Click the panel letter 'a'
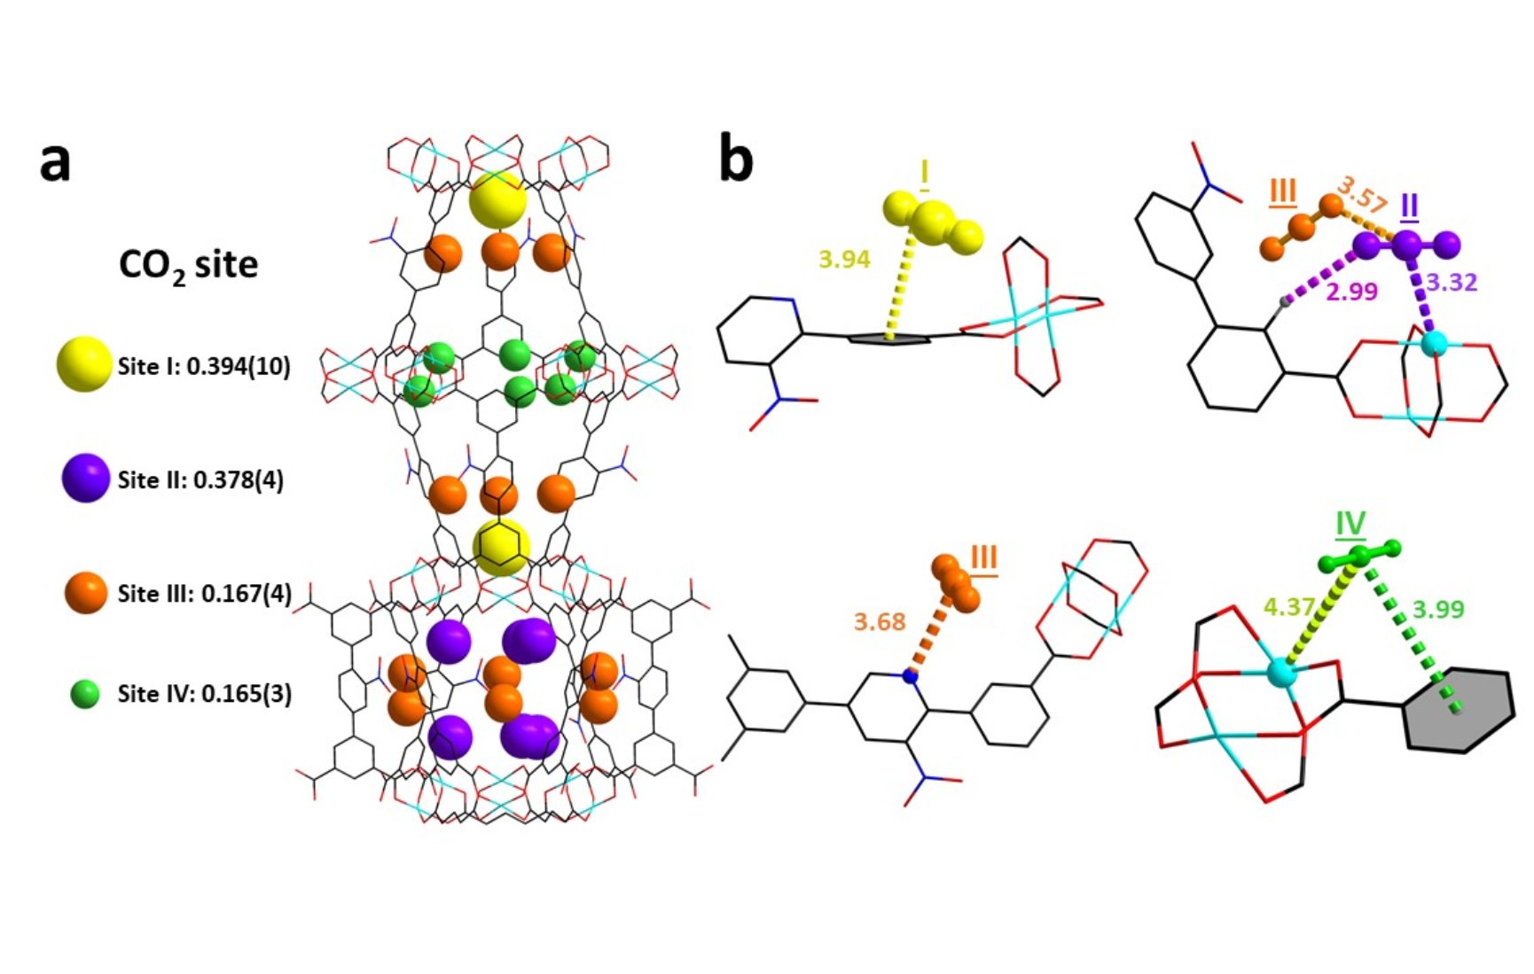tap(55, 163)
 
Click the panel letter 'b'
tap(735, 160)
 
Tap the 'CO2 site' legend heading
tap(188, 265)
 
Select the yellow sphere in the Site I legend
tap(84, 364)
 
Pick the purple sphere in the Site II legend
tap(85, 479)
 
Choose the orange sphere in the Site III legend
tap(86, 592)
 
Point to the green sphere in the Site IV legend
tap(85, 694)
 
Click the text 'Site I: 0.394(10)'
tap(204, 366)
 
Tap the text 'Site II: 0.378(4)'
tap(200, 479)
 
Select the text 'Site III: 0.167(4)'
tap(204, 593)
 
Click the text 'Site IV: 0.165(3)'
tap(204, 694)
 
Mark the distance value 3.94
tap(843, 260)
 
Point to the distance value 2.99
tap(1351, 292)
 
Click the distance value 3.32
tap(1452, 283)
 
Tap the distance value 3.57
tap(1361, 196)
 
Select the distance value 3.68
tap(879, 621)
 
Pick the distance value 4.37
tap(1288, 608)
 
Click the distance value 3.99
tap(1437, 610)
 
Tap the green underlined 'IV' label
tap(1350, 525)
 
